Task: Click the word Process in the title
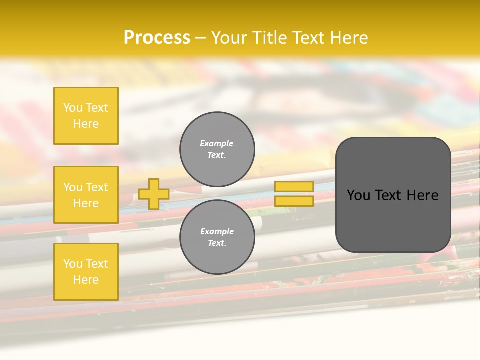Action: pos(157,38)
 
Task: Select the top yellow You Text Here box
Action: pos(86,116)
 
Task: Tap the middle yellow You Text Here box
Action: pos(86,195)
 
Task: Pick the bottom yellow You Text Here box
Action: pos(86,272)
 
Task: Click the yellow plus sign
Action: pos(154,194)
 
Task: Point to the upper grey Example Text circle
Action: pos(217,149)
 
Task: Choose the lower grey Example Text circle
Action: pos(217,237)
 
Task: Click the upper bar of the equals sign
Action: pos(294,187)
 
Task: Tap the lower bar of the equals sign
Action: pos(294,201)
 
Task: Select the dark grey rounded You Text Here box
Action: pos(393,195)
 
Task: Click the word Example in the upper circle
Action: pos(217,143)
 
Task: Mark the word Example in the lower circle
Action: pos(217,231)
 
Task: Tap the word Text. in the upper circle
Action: pos(217,155)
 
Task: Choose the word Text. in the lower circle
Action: pos(217,243)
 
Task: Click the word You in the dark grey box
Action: pos(358,195)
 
